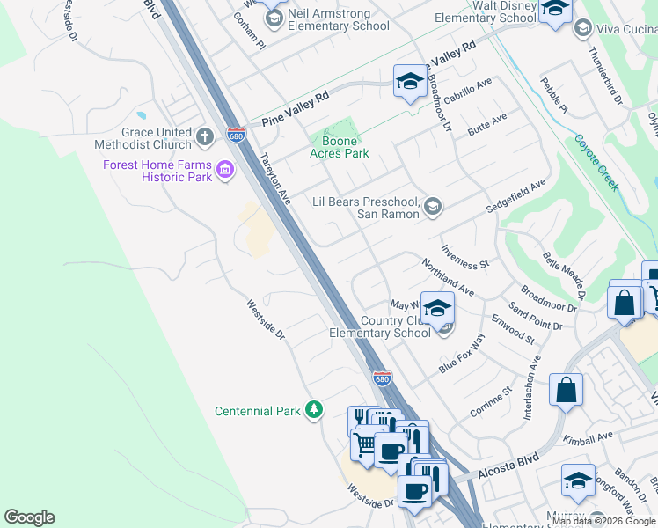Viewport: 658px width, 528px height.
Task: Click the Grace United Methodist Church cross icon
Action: [205, 136]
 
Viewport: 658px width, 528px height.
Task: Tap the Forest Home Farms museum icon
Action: [224, 169]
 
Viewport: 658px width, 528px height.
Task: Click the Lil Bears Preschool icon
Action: [432, 207]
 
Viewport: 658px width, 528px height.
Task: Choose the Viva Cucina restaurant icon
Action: [582, 29]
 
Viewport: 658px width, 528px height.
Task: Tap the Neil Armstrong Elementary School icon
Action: [274, 18]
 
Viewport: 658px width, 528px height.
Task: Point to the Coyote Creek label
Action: [598, 162]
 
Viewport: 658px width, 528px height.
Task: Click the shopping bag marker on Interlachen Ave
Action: [567, 389]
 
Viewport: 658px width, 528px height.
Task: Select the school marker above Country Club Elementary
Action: [437, 308]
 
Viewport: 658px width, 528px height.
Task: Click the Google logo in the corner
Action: [29, 517]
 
